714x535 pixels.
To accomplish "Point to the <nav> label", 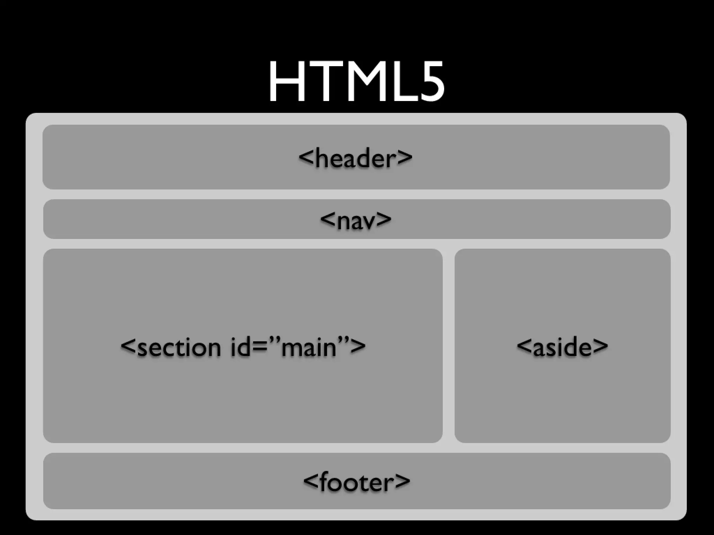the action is point(356,220).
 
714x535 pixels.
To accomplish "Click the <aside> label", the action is point(562,347).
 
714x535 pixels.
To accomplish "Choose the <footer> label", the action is point(357,482).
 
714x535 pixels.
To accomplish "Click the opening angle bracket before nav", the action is point(328,219).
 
